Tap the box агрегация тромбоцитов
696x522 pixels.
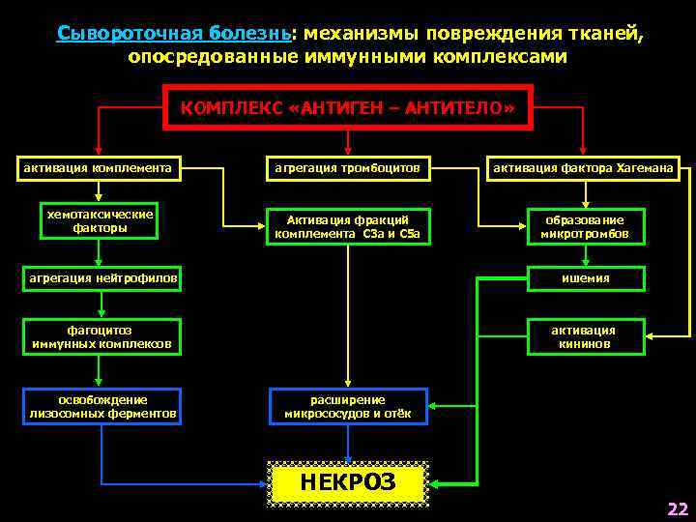click(347, 167)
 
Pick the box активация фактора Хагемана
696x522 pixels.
click(583, 167)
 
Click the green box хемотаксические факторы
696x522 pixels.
click(99, 221)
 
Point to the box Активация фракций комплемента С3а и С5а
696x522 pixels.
click(347, 226)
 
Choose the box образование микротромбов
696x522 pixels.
click(583, 226)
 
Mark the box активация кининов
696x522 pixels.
click(583, 336)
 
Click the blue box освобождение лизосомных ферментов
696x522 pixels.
click(101, 406)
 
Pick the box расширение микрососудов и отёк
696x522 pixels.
click(347, 406)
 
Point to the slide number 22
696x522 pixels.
click(677, 508)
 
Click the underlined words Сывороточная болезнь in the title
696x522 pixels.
click(175, 34)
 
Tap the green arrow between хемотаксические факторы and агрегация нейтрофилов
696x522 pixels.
click(99, 252)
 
